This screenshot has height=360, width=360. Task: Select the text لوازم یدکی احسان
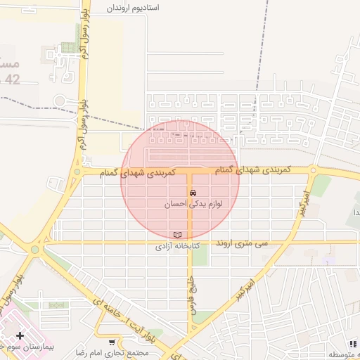(x=193, y=203)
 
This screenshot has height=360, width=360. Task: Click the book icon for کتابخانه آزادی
(x=177, y=235)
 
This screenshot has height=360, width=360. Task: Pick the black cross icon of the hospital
(x=20, y=336)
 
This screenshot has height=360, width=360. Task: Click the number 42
(x=13, y=79)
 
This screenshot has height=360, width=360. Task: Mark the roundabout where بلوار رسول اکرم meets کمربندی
(x=77, y=171)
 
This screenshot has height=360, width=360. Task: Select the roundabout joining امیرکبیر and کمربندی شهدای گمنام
(x=311, y=170)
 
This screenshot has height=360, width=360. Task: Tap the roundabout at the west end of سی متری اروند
(x=35, y=248)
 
